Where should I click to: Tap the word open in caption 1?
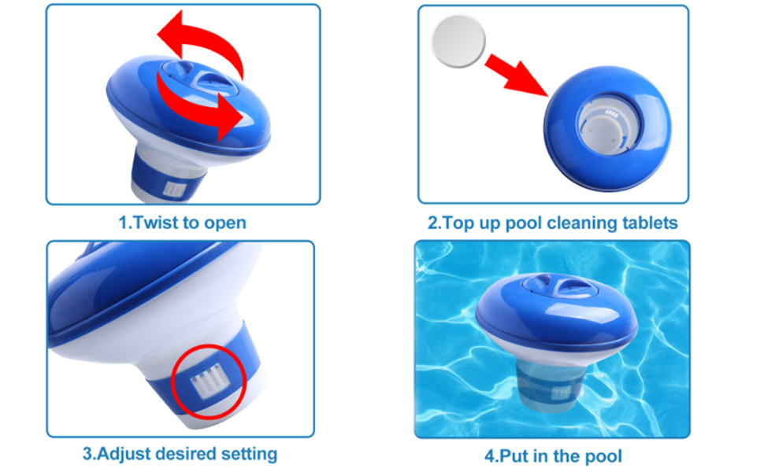pyautogui.click(x=224, y=223)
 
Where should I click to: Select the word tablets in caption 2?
pyautogui.click(x=650, y=223)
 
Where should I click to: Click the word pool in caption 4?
pyautogui.click(x=603, y=456)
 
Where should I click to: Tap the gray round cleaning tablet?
pyautogui.click(x=458, y=41)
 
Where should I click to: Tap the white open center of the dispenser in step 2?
pyautogui.click(x=607, y=127)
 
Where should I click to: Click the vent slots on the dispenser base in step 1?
pyautogui.click(x=174, y=190)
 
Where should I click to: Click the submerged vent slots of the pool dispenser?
pyautogui.click(x=561, y=393)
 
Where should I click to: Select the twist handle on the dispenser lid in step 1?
pyautogui.click(x=198, y=77)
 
